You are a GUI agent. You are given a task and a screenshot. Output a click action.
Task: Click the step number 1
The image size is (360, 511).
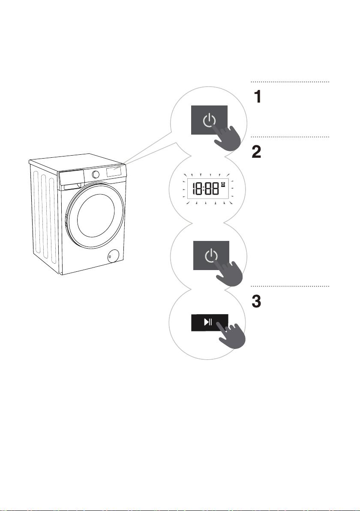click(x=258, y=97)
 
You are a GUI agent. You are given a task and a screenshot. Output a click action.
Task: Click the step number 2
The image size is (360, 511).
click(x=256, y=152)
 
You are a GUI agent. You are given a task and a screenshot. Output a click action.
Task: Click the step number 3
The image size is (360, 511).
click(x=256, y=302)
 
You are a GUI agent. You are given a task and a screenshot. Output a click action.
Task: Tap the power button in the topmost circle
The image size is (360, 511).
click(x=209, y=120)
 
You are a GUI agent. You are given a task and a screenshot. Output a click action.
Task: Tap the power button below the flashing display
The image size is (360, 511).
click(x=211, y=255)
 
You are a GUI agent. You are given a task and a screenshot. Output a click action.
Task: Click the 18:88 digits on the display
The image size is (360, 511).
click(x=205, y=189)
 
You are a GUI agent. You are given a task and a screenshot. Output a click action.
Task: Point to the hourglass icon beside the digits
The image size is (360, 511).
click(x=223, y=185)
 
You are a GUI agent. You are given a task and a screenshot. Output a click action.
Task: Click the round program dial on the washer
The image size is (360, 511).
click(x=96, y=174)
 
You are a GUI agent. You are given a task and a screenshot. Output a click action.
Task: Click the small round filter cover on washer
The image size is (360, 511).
click(x=113, y=256)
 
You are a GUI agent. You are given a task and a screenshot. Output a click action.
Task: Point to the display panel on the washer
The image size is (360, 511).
click(x=116, y=171)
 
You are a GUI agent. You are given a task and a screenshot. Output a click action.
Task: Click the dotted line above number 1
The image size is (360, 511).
click(x=290, y=82)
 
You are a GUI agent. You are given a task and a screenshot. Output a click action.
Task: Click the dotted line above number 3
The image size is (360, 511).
click(x=290, y=286)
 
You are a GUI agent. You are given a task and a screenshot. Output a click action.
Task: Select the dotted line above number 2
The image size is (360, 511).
click(x=290, y=137)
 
